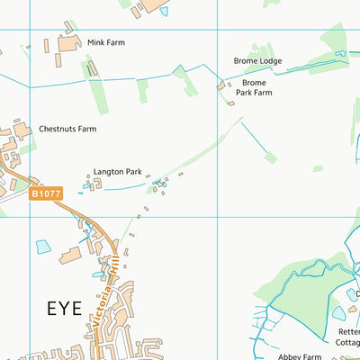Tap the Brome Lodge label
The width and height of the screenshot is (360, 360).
(x=257, y=61)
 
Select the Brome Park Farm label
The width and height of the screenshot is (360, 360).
(x=254, y=86)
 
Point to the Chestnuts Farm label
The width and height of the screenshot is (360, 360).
(x=67, y=129)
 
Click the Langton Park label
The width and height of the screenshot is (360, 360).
(x=116, y=171)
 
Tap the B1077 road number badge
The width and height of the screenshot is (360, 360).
(x=46, y=193)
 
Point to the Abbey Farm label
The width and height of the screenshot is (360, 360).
(x=300, y=356)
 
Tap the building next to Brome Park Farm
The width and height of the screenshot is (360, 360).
(x=222, y=86)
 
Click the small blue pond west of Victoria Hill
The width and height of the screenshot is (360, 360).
(x=43, y=246)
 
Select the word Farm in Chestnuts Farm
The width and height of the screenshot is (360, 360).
(x=85, y=129)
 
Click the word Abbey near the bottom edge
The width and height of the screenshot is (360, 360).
(x=290, y=356)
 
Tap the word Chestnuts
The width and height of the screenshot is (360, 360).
(x=57, y=129)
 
